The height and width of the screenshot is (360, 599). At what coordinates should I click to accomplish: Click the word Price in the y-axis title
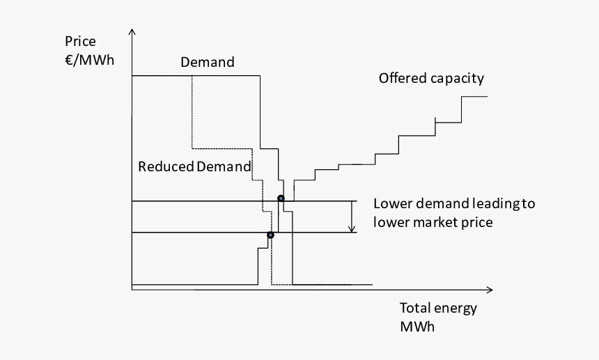coord(80,42)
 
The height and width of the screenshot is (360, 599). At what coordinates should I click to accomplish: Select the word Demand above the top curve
coord(208,63)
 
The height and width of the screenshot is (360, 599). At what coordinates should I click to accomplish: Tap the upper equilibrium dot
coord(281,199)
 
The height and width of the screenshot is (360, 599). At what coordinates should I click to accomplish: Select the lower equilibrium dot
coord(271,235)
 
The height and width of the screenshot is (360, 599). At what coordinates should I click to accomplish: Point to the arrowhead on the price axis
coord(132,33)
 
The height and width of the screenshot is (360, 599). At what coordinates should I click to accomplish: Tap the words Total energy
coord(438,308)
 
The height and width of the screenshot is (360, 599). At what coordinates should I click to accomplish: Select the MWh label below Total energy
coord(417,327)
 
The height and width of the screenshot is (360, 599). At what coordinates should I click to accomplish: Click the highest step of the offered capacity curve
coord(474,97)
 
